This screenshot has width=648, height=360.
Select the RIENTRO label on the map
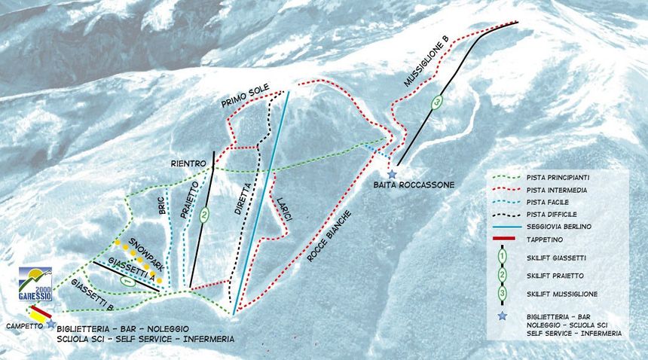tap(188, 163)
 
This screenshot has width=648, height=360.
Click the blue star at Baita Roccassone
tap(392, 174)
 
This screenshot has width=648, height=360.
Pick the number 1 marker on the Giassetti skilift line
tap(128, 281)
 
